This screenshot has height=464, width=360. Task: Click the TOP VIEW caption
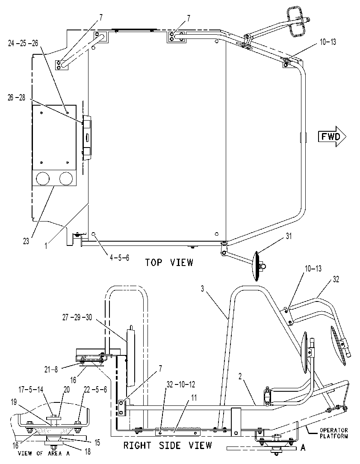(x=169, y=263)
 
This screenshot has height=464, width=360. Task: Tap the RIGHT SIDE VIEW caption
(x=168, y=445)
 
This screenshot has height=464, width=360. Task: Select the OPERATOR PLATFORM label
(x=334, y=433)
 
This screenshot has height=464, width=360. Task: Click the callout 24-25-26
(x=23, y=43)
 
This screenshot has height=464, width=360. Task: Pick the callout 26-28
(x=16, y=98)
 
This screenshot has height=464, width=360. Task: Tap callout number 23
(x=26, y=242)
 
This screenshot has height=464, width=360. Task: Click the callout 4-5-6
(x=120, y=258)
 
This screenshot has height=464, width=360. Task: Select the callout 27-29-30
(x=77, y=317)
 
